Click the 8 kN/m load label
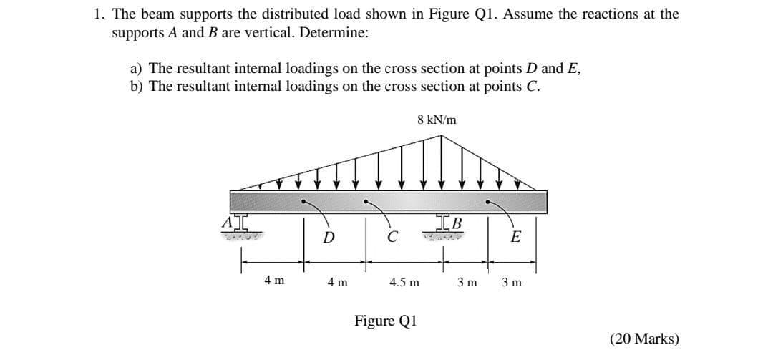pyautogui.click(x=437, y=120)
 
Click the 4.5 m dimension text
pyautogui.click(x=404, y=282)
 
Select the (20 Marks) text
pyautogui.click(x=644, y=339)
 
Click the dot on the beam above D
pyautogui.click(x=304, y=201)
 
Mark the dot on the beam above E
pyautogui.click(x=490, y=201)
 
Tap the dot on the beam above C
pyautogui.click(x=366, y=201)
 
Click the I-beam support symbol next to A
pyautogui.click(x=238, y=220)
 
